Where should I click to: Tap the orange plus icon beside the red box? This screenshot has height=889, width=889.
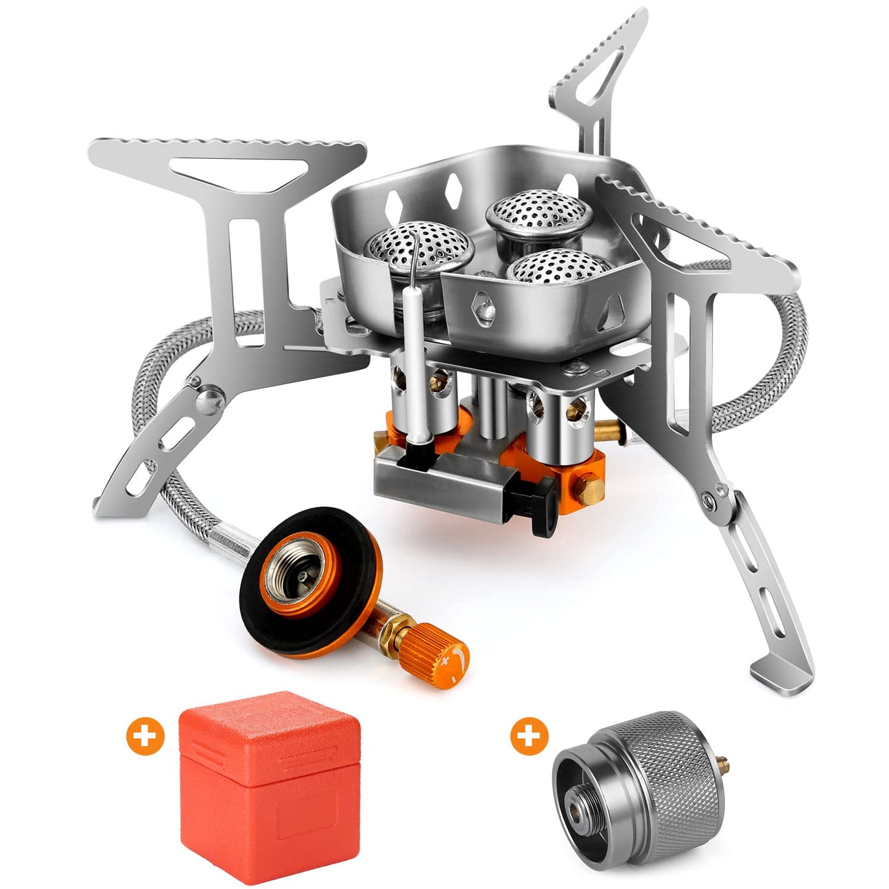coord(145,735)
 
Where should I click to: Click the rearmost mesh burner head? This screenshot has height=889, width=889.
coord(540,211)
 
